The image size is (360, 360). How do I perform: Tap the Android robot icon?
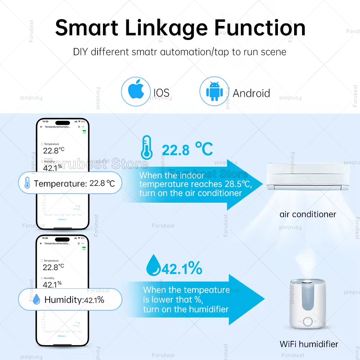pos(214,91)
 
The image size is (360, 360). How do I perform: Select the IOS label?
pos(161,93)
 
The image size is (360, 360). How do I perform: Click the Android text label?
pos(251,93)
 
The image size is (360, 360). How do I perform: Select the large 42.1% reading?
pos(182,269)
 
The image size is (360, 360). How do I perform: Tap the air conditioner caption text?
pos(308,215)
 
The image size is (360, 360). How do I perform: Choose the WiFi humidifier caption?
pos(309,344)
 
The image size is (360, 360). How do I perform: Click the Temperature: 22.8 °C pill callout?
pos(70,183)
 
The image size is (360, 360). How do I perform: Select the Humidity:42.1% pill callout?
pos(70,300)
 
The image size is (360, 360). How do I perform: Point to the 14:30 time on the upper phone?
pos(45,122)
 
